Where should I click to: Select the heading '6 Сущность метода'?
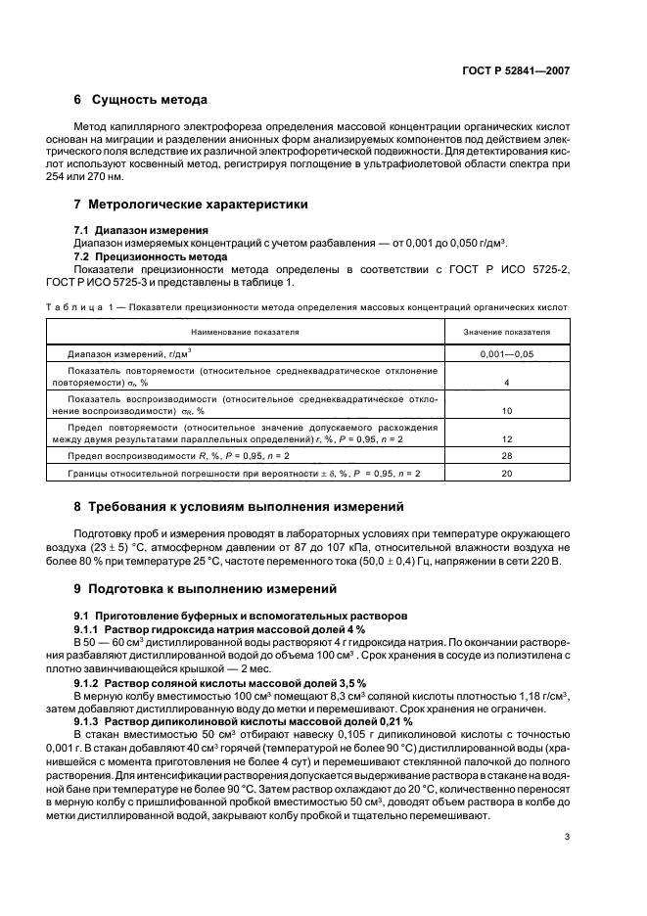[x=140, y=101]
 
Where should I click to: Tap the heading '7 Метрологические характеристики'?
[x=191, y=205]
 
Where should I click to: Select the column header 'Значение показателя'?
[x=507, y=333]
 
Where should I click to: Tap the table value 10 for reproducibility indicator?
[x=507, y=412]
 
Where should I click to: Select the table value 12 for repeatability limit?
[x=507, y=440]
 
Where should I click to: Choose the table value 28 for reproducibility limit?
[x=507, y=457]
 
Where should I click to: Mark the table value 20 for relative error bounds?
[x=507, y=474]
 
